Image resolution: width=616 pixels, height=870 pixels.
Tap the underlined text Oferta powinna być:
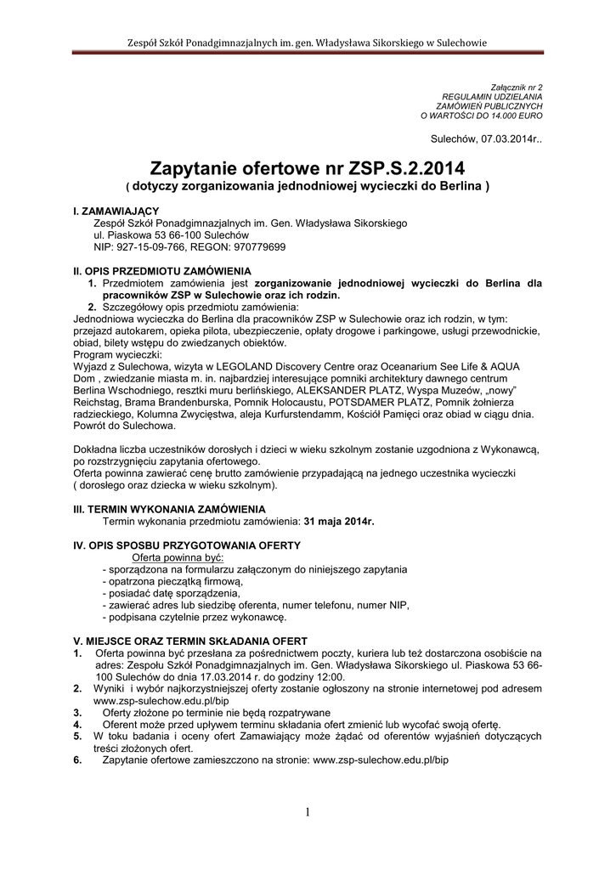(x=171, y=556)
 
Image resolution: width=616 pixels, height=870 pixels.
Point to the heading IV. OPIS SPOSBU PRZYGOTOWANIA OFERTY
(x=187, y=545)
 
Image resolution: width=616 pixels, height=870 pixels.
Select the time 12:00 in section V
(x=331, y=677)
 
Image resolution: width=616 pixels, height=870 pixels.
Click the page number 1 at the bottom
(x=308, y=813)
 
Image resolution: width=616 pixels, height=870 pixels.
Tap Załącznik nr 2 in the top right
(x=517, y=88)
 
